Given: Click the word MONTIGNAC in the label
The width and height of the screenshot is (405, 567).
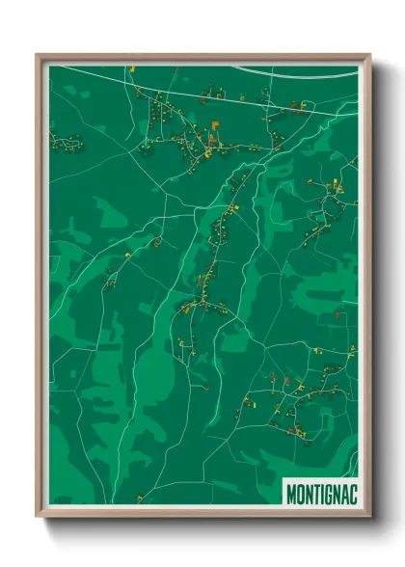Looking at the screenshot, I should (x=320, y=494).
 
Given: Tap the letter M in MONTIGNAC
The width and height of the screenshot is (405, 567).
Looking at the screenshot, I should (x=291, y=494).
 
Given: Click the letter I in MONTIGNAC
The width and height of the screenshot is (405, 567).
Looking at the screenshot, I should (x=321, y=494).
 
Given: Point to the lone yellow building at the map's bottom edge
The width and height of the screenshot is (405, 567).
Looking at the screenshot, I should (x=141, y=498).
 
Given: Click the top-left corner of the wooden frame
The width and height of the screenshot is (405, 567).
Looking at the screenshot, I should (x=38, y=56).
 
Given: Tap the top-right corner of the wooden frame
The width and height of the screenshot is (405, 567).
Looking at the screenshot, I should (x=368, y=56).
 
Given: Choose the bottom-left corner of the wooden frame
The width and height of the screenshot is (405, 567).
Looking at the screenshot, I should (x=38, y=516).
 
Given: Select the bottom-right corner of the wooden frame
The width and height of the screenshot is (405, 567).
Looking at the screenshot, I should (x=368, y=516).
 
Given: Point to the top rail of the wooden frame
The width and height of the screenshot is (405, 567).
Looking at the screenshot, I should (x=202, y=56).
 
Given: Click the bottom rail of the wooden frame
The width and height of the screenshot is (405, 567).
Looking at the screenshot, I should (x=202, y=514).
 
